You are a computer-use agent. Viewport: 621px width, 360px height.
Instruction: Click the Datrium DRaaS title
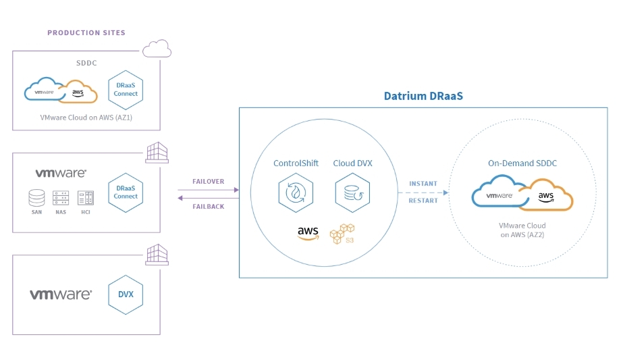tap(423, 96)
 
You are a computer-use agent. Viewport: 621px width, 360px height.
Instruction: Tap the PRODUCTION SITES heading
tap(86, 32)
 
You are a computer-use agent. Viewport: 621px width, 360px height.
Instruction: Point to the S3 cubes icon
tap(342, 234)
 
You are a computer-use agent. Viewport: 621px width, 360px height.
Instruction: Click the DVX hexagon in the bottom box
tap(126, 294)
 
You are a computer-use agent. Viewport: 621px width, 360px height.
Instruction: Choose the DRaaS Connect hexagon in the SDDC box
tap(126, 90)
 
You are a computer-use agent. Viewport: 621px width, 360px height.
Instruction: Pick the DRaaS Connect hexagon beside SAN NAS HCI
tap(126, 192)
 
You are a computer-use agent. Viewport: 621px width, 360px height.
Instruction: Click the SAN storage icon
tap(36, 198)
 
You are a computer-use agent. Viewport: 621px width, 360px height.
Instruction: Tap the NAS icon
tap(61, 198)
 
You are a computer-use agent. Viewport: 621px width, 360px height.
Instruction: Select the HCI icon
tap(85, 198)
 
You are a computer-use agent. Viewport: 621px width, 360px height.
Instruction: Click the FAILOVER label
tap(208, 182)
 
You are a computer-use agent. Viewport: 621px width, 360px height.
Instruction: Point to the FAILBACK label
tap(208, 207)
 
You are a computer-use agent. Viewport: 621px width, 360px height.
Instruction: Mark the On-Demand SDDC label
tap(522, 163)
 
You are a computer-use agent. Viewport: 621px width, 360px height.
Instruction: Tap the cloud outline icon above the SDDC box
tap(157, 49)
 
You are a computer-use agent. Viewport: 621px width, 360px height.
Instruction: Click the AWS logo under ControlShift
tap(308, 233)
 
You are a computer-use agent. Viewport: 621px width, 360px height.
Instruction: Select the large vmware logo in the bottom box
tap(61, 295)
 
